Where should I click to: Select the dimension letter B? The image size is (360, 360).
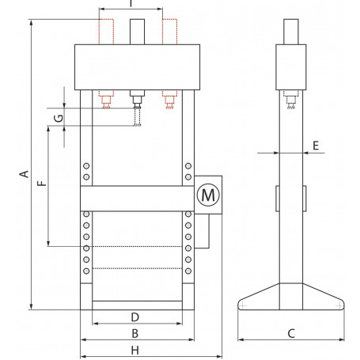(135, 333)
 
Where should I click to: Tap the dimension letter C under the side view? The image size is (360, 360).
(290, 333)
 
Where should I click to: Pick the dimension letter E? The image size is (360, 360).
(315, 146)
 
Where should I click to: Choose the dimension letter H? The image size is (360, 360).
(135, 350)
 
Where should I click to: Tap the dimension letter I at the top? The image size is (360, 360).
(131, 5)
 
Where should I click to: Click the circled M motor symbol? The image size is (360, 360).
(207, 194)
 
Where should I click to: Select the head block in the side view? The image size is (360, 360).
(290, 66)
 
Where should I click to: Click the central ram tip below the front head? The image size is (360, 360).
(136, 100)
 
